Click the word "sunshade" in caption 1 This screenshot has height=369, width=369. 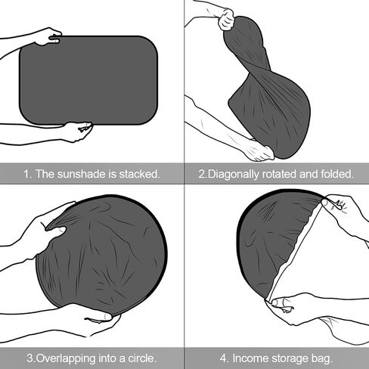click(x=81, y=174)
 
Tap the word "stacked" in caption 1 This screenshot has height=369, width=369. click(x=139, y=174)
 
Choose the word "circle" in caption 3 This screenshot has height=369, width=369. click(x=142, y=358)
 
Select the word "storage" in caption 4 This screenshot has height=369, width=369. click(x=290, y=358)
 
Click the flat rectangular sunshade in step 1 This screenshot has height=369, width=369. click(x=88, y=80)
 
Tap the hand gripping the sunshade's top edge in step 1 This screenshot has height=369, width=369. click(x=48, y=37)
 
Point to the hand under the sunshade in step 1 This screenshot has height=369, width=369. click(x=77, y=132)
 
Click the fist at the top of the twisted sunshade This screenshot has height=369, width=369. click(x=226, y=20)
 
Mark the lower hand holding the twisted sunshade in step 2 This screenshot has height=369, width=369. click(x=259, y=150)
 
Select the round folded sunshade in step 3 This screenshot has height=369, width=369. click(x=101, y=255)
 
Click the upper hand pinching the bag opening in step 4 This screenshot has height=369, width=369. click(x=344, y=209)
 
